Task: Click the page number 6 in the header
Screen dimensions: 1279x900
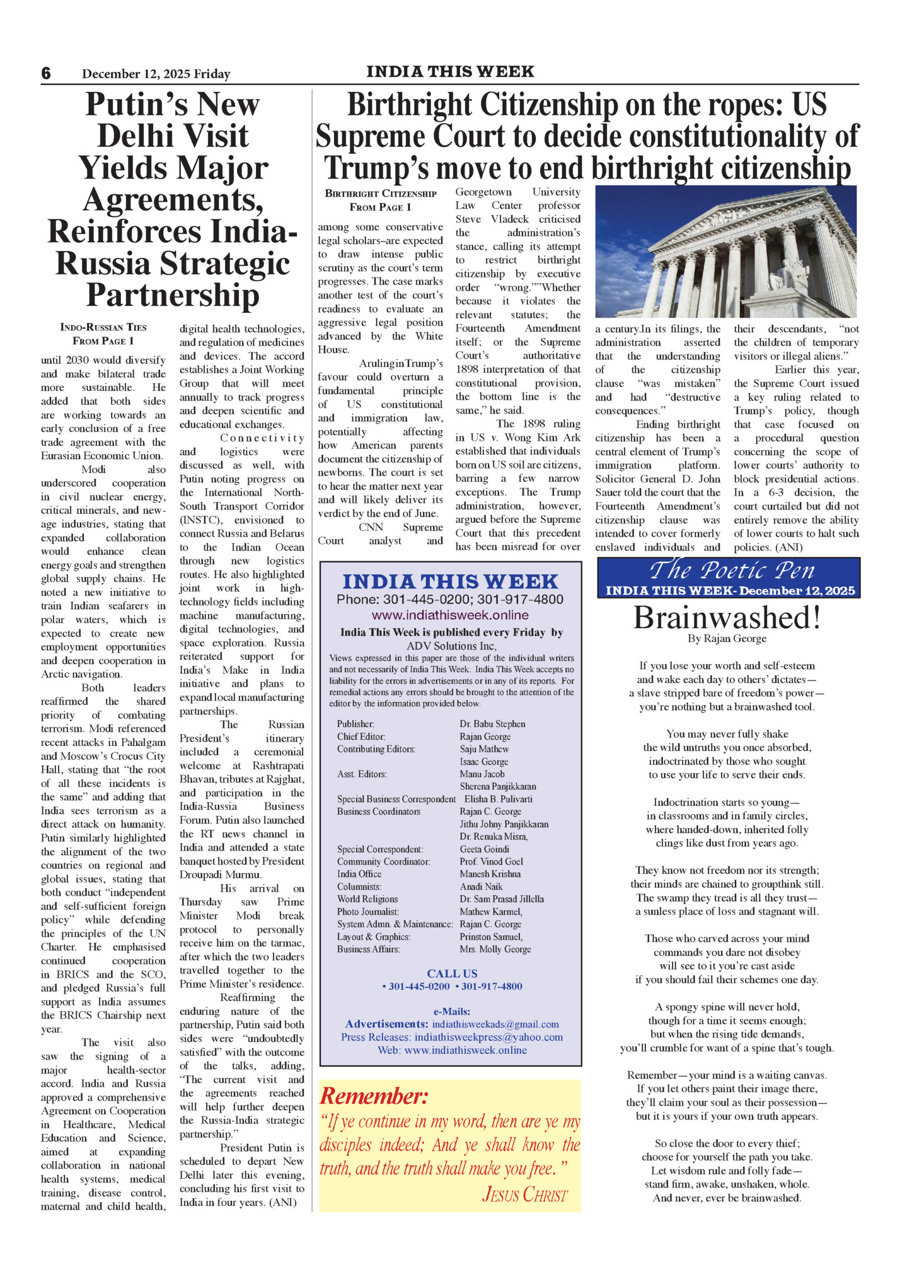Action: pos(46,73)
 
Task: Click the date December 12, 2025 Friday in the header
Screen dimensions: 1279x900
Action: pos(156,74)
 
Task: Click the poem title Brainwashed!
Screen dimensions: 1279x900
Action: pos(727,617)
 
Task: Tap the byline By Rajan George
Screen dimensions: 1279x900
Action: pos(727,638)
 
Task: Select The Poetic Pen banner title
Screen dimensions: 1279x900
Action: pos(731,570)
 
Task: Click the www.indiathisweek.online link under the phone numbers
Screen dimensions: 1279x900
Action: pos(450,615)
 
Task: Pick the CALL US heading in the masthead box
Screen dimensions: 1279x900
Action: pos(452,974)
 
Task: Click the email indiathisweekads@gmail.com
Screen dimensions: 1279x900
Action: pos(495,1024)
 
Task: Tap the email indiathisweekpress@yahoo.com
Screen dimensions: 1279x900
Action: pos(488,1037)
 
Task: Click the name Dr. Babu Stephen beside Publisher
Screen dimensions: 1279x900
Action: pos(492,724)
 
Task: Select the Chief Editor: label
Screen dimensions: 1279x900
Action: pos(361,737)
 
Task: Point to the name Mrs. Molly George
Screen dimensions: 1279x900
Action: pos(495,949)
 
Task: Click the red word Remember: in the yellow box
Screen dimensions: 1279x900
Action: pos(374,1096)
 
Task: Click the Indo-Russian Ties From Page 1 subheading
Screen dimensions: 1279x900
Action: pos(103,334)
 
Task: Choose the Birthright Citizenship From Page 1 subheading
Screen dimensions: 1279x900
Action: pos(381,200)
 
